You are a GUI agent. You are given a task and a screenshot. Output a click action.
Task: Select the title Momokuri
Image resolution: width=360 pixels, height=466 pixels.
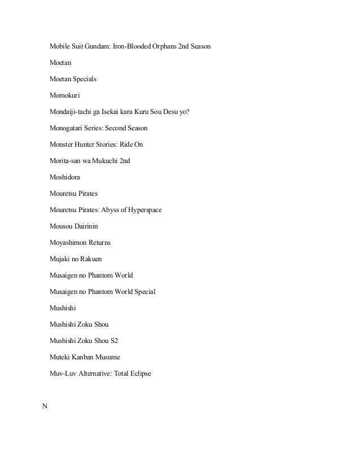click(65, 95)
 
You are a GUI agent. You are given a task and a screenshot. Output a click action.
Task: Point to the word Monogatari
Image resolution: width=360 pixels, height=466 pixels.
click(69, 128)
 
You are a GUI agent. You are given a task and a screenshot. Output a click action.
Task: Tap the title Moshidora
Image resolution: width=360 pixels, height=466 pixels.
click(64, 177)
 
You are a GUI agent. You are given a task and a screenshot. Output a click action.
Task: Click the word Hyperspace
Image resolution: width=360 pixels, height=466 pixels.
click(142, 210)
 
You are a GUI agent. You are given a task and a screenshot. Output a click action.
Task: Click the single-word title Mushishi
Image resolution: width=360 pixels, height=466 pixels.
click(63, 308)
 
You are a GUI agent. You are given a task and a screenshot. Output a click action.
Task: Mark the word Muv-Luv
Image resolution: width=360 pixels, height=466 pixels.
click(64, 373)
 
